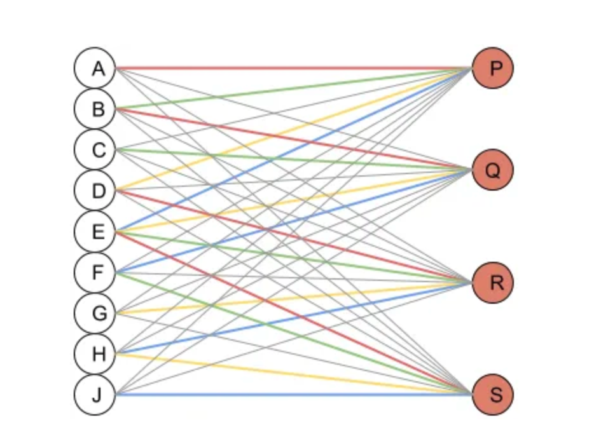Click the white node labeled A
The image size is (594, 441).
click(95, 67)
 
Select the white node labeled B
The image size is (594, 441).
click(95, 109)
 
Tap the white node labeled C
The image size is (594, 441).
click(95, 149)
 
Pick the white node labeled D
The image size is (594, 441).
click(95, 190)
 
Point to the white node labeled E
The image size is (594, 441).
click(95, 231)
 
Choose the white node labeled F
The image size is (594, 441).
click(95, 272)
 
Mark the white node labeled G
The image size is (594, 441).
click(95, 313)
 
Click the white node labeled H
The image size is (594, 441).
click(95, 353)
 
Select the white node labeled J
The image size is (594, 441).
click(95, 395)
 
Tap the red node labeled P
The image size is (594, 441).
click(492, 67)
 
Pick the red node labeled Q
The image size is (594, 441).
click(492, 170)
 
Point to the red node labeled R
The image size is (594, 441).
click(492, 282)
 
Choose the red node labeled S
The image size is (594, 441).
click(492, 395)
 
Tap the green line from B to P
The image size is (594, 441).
click(191, 98)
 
